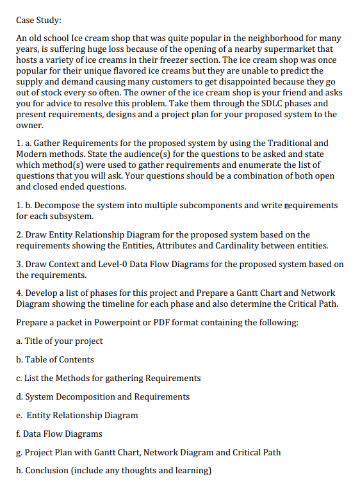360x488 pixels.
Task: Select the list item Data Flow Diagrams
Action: coord(63,434)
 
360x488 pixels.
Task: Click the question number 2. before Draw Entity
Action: coord(20,234)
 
